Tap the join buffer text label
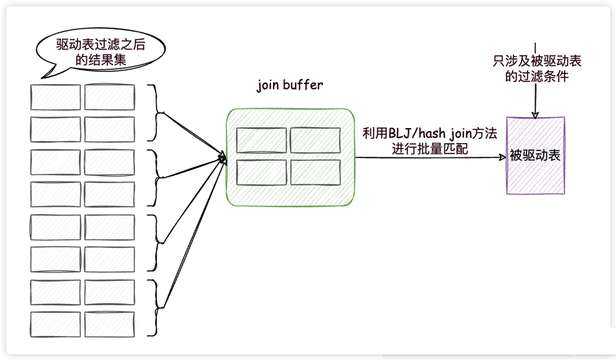290,86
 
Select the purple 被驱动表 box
535,155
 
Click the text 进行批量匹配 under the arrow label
429,149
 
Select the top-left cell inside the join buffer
261,140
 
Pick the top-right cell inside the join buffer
315,140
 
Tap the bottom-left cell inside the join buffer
261,172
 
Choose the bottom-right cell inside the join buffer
315,172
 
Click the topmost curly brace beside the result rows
159,112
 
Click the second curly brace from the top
159,178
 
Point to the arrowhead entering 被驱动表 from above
535,113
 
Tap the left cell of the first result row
55,97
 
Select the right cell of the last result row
109,324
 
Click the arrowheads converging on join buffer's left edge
222,158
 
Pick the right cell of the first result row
109,97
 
